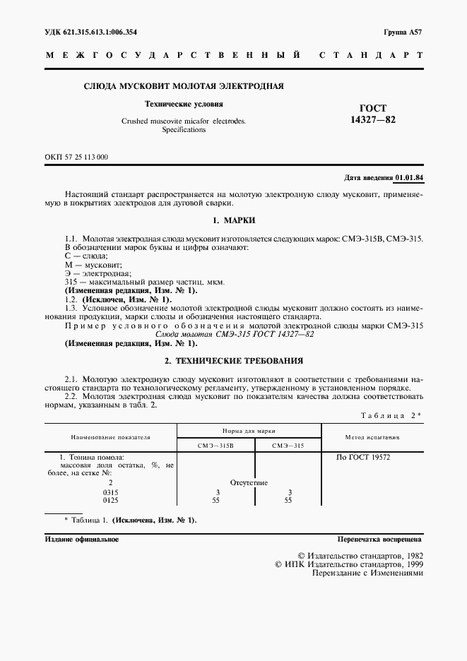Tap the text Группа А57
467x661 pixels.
(403, 33)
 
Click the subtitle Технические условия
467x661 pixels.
(184, 104)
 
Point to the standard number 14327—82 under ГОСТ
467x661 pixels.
(373, 120)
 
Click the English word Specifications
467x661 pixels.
(184, 130)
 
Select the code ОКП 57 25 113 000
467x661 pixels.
(76, 157)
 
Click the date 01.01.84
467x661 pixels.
(408, 177)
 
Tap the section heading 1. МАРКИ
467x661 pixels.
(233, 220)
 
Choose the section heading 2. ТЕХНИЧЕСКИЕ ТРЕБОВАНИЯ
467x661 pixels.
(233, 359)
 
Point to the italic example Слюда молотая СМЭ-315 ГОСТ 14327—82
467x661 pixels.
(233, 333)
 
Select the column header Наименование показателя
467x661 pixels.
(110, 436)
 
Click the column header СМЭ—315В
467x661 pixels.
(214, 445)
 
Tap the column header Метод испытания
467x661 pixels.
(372, 437)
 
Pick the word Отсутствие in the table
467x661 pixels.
(249, 483)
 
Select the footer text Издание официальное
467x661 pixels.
(81, 539)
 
